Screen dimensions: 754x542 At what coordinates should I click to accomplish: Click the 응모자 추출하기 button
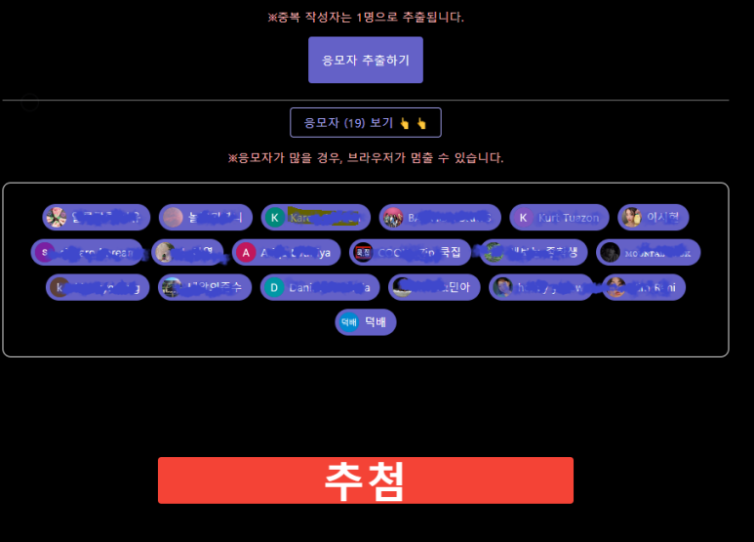point(366,60)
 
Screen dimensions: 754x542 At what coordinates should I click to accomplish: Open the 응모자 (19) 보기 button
point(366,123)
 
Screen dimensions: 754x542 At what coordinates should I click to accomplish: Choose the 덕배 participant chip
point(366,322)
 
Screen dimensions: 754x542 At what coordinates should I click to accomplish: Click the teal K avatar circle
point(275,217)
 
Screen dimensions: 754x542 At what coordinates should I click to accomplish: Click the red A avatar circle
point(247,253)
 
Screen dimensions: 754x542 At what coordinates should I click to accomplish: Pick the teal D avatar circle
point(275,288)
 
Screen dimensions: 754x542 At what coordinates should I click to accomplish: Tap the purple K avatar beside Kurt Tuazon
point(524,217)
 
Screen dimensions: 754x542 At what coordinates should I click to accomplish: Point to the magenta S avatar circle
point(43,253)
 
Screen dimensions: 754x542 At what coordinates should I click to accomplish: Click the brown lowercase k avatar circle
point(60,288)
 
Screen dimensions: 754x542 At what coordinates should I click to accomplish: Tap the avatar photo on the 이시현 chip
point(632,217)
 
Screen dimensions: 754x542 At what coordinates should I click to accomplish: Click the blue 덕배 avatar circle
point(348,322)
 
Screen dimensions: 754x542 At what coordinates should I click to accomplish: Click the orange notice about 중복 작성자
point(366,17)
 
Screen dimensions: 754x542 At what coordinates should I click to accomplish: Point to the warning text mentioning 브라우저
point(366,157)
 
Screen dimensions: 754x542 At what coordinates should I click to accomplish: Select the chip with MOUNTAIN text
point(649,253)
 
